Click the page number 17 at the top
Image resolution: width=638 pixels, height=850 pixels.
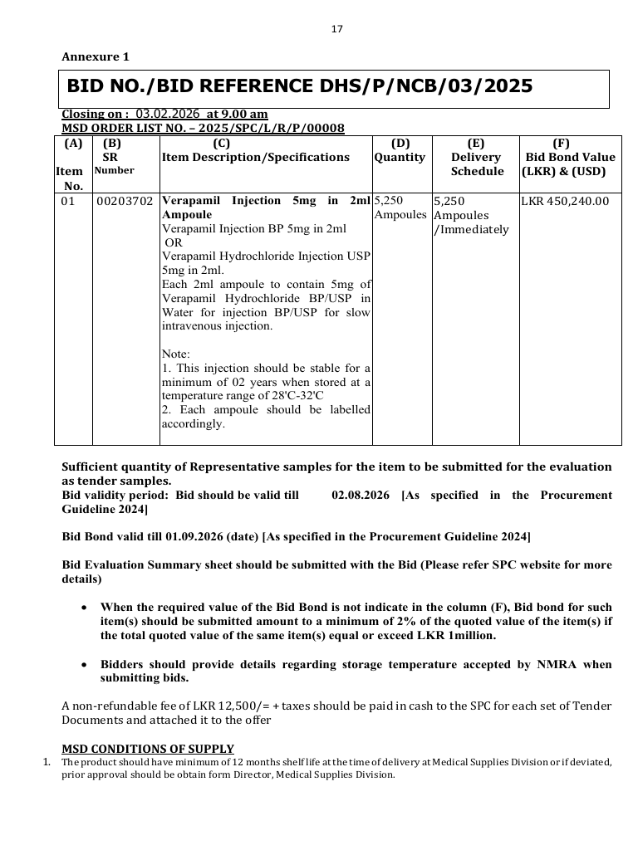[x=336, y=29]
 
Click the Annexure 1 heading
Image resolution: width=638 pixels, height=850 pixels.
[x=96, y=57]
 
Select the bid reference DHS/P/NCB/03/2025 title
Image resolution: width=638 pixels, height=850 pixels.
[x=300, y=86]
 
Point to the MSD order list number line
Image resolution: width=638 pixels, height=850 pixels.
[x=203, y=128]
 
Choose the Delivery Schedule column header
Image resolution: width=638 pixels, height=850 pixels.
[x=477, y=164]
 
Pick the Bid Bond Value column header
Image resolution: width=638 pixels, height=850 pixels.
[x=569, y=157]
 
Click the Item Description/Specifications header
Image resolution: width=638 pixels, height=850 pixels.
[x=256, y=157]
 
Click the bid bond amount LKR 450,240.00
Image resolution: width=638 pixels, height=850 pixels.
[x=565, y=201]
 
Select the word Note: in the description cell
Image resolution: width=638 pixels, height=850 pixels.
[x=176, y=354]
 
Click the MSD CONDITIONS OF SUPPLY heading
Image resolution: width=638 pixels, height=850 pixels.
[x=148, y=749]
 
